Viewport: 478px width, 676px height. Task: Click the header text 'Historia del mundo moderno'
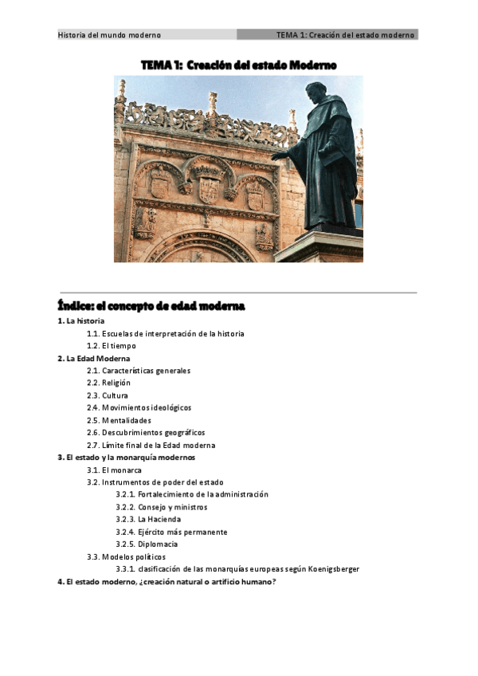coord(110,35)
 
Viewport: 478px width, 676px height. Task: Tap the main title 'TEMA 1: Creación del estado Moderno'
coord(238,65)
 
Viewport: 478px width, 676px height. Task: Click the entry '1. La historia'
coord(80,320)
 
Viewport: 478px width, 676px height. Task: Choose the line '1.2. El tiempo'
coord(112,346)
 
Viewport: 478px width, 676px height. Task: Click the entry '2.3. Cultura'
coord(108,395)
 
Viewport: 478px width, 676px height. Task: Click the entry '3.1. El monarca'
coord(115,470)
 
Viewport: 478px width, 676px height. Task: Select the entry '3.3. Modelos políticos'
coord(127,556)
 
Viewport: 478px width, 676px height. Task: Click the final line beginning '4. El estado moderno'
coord(167,582)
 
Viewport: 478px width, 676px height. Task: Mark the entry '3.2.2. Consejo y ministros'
coord(162,507)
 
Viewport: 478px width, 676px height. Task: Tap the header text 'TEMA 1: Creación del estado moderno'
coord(345,35)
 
